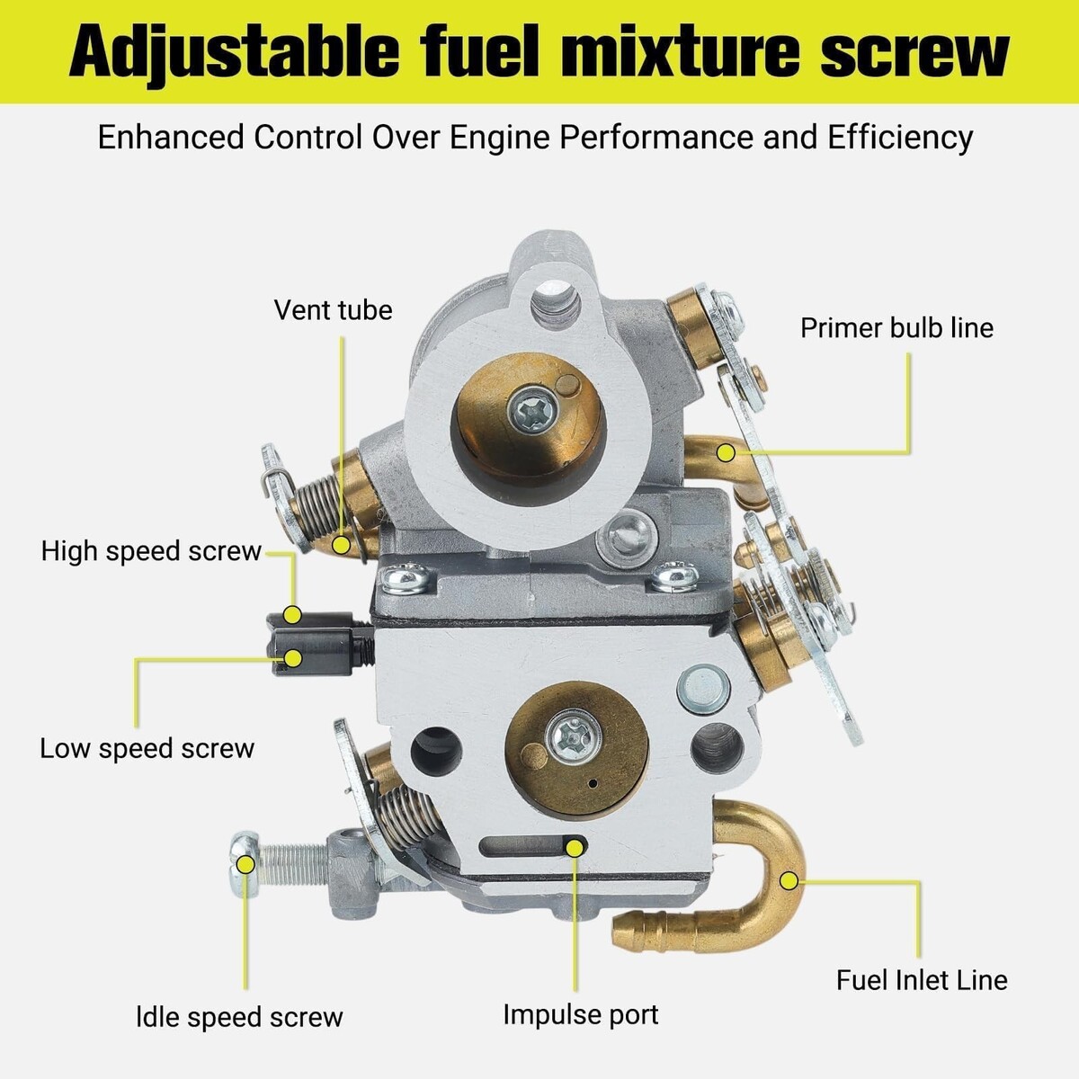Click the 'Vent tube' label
point(334,310)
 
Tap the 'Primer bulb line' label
point(896,328)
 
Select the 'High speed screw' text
point(151,551)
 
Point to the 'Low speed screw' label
point(147,749)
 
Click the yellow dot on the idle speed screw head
point(245,864)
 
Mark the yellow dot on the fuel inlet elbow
point(789,881)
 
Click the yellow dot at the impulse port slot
point(575,848)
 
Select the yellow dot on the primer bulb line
point(727,452)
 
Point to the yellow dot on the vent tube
point(341,545)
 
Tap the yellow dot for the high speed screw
point(292,615)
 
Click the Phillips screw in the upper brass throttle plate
point(532,413)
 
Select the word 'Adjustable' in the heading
point(235,54)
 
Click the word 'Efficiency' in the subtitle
point(900,138)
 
